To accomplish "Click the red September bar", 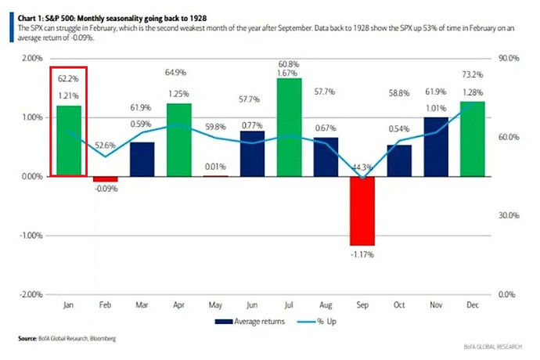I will click(x=362, y=211).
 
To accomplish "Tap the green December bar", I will click(x=473, y=139).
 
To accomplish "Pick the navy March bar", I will click(x=141, y=159).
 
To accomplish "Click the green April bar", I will click(x=179, y=139).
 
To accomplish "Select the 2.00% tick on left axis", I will click(x=31, y=59).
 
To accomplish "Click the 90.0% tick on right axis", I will click(x=509, y=59).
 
